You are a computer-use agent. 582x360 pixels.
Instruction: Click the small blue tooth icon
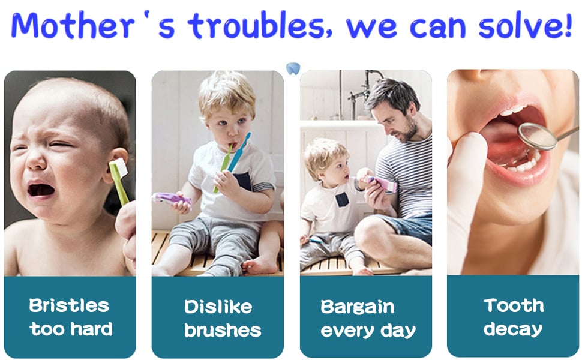point(292,68)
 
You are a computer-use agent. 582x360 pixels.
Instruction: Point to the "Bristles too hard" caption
point(70,317)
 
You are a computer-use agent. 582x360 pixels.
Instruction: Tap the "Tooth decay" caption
point(513,317)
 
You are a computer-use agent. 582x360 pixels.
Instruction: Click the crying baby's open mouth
point(41,190)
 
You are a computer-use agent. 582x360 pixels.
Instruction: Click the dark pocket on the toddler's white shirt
point(243,181)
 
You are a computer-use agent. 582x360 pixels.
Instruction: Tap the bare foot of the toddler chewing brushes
point(259,265)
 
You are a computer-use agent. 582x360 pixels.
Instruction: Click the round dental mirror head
point(537,136)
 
